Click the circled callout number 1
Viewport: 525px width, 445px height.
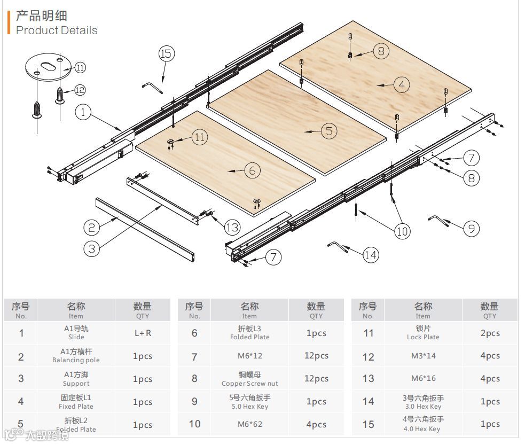[x=84, y=112]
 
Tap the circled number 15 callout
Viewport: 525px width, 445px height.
[x=167, y=53]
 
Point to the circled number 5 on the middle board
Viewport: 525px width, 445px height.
[x=328, y=130]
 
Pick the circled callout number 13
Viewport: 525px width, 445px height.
[x=232, y=227]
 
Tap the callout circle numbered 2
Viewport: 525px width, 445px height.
[x=92, y=228]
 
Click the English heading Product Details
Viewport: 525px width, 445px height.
[x=57, y=30]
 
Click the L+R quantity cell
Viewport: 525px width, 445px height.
[x=143, y=333]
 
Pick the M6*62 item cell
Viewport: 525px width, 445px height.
[x=249, y=424]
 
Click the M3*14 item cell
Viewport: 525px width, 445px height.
[x=422, y=356]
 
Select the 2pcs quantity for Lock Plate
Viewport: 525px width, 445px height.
[x=489, y=333]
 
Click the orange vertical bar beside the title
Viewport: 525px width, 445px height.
[x=9, y=22]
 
